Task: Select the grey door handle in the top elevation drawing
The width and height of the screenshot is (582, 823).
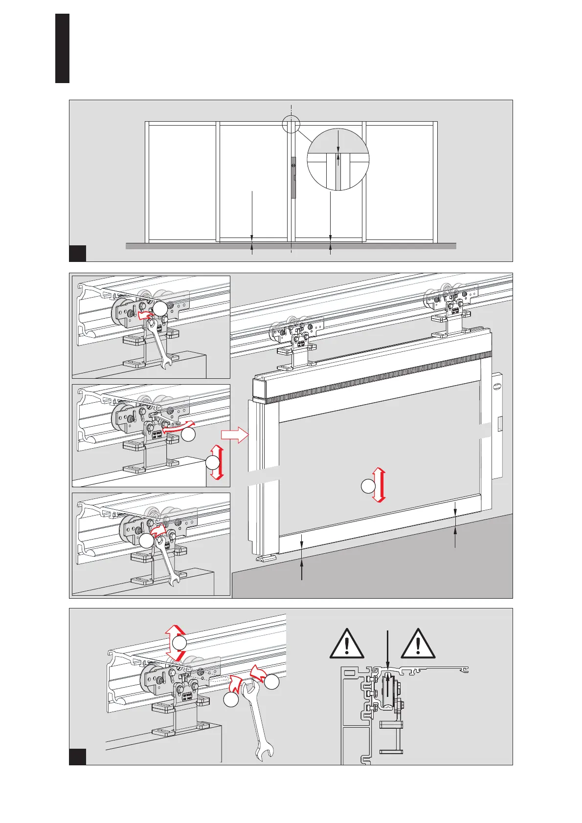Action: click(293, 177)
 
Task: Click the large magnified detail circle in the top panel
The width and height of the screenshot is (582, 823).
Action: click(338, 160)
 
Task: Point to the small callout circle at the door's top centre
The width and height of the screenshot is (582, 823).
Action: click(291, 124)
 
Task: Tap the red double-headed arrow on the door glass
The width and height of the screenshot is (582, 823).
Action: click(380, 485)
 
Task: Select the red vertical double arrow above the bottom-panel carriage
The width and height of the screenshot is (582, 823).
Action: click(174, 643)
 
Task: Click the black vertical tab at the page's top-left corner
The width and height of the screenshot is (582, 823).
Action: click(62, 48)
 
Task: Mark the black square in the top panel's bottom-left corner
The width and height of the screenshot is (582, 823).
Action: click(78, 253)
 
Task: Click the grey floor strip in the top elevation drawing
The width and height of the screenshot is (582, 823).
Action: click(291, 246)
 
